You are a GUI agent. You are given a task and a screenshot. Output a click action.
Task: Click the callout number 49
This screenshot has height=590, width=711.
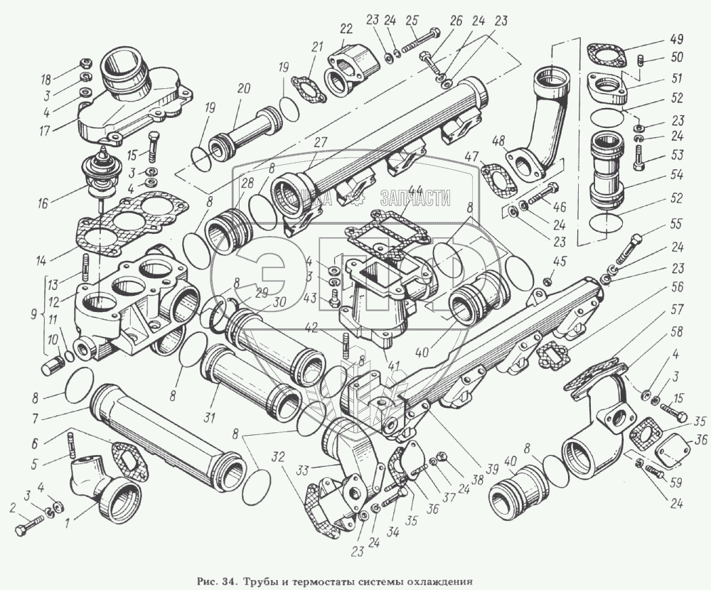[677, 38]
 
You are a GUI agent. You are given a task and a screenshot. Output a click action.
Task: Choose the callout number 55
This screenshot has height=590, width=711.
[677, 223]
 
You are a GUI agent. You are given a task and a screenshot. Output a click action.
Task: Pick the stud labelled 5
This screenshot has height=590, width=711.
[72, 443]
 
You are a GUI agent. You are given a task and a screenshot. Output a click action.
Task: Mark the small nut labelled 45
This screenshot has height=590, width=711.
[547, 281]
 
